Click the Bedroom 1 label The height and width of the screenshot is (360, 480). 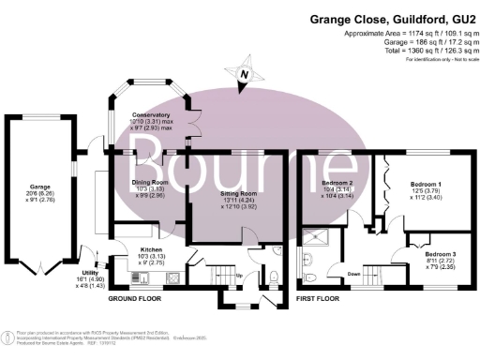[x=428, y=185]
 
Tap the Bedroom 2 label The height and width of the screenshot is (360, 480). [x=337, y=184]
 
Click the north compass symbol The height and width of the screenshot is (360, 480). [x=244, y=72]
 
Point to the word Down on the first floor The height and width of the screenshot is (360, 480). [x=355, y=275]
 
